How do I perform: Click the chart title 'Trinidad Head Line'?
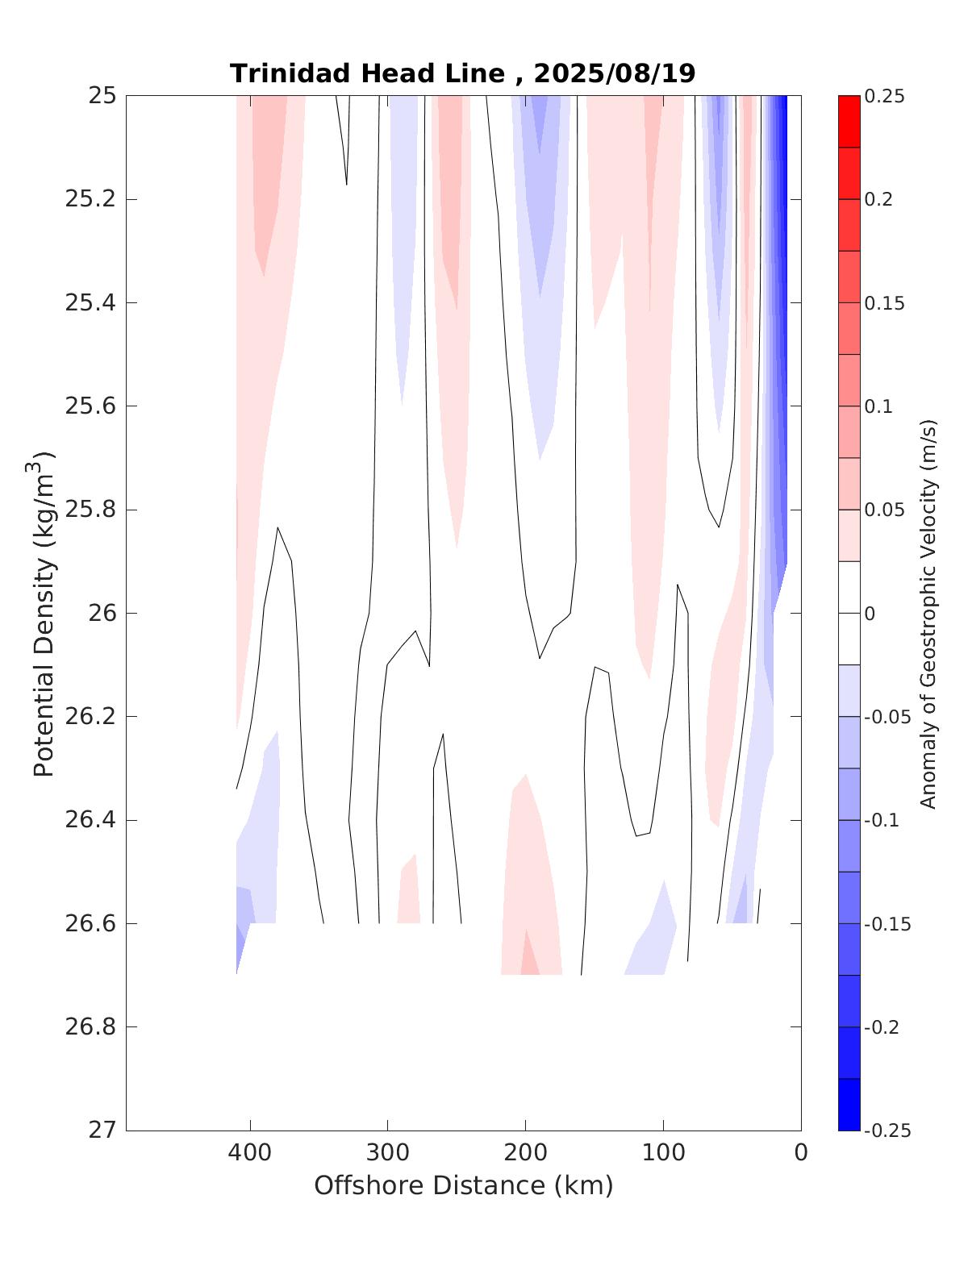pos(368,73)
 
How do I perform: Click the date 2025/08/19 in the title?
pos(614,73)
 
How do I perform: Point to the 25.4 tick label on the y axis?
pos(90,303)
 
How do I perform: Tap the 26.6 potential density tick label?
pos(90,923)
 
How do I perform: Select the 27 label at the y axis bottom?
pos(102,1131)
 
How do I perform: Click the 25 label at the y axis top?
pos(102,96)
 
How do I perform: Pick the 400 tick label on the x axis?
pos(250,1153)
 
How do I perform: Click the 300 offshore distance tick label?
pos(388,1153)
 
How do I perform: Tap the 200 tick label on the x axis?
pos(526,1153)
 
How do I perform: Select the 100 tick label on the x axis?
pos(663,1153)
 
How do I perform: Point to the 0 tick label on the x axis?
pos(801,1153)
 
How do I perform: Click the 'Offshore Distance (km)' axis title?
pos(464,1186)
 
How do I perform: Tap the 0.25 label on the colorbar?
pos(884,97)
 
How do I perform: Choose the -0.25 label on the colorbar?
pos(887,1131)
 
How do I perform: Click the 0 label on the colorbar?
pos(870,614)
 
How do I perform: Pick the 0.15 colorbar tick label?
pos(884,303)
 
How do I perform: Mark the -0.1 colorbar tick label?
pos(882,820)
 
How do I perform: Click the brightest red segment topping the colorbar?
pos(849,121)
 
